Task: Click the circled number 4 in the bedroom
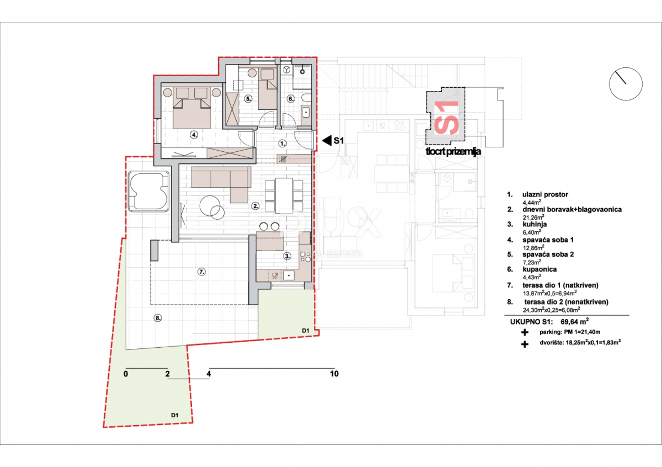(x=194, y=135)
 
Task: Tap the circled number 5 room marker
(x=248, y=99)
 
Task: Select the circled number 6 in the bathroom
(x=291, y=99)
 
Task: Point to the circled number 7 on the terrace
(x=201, y=272)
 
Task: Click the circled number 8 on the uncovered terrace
(x=158, y=318)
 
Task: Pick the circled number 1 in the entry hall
(x=282, y=144)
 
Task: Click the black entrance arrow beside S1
(x=327, y=141)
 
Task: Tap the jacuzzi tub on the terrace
(x=148, y=192)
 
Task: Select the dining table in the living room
(x=284, y=194)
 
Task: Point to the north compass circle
(x=626, y=84)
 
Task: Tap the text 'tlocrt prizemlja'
(x=453, y=152)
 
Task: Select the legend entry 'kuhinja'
(x=535, y=224)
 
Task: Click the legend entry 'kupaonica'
(x=540, y=269)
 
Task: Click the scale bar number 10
(x=334, y=374)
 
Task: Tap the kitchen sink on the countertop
(x=289, y=275)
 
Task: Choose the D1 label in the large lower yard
(x=175, y=415)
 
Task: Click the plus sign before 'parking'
(x=525, y=332)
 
